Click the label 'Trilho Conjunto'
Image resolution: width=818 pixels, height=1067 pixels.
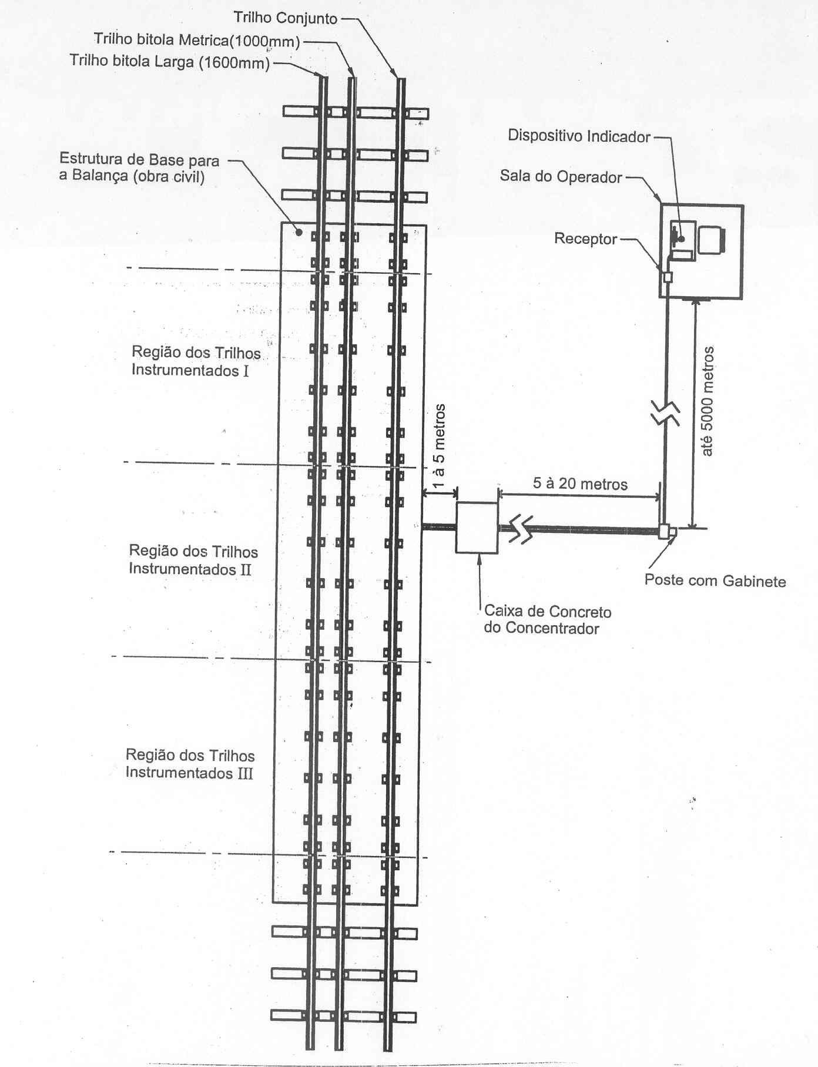(286, 18)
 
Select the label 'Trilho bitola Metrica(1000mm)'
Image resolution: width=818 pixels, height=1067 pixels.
(197, 41)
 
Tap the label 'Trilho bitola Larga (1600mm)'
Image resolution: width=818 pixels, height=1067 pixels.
(170, 61)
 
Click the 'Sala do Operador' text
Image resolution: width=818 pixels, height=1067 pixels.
(561, 176)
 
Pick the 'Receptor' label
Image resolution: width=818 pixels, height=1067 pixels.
(586, 239)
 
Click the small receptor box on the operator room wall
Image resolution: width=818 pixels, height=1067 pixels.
(667, 277)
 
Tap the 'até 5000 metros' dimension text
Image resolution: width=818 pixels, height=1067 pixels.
(708, 401)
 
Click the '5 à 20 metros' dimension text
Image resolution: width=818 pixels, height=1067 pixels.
(580, 484)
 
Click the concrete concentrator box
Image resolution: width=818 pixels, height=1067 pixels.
(477, 528)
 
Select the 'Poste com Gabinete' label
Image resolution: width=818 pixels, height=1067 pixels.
(715, 581)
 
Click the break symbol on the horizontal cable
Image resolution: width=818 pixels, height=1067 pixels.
(521, 528)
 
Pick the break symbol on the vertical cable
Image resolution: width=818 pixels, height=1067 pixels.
(666, 414)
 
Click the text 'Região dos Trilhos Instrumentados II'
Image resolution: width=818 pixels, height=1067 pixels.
(193, 560)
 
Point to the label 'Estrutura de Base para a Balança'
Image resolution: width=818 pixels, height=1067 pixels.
(139, 167)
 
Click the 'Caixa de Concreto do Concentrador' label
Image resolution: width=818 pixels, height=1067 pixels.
(548, 620)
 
